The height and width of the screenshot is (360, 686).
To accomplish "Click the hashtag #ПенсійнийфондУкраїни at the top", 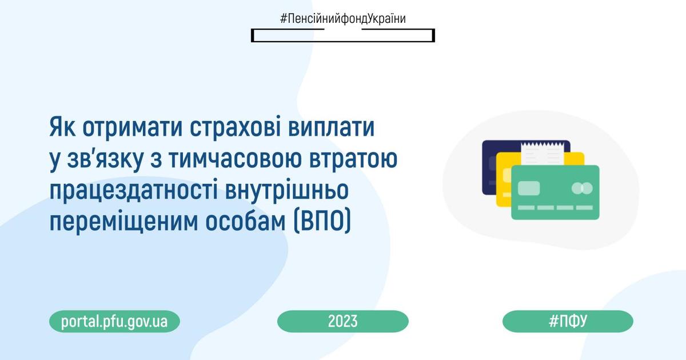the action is [342, 19].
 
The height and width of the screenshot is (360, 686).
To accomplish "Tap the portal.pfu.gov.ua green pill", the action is [114, 321].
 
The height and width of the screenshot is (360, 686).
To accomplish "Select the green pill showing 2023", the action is [342, 321].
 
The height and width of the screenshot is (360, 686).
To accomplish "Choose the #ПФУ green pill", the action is [568, 321].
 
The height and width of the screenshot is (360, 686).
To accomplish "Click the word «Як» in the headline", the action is [62, 127].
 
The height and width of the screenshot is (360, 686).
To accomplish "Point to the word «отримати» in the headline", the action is [133, 129].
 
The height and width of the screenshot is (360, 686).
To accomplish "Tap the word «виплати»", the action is [331, 127].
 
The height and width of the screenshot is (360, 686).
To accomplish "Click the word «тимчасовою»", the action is [235, 159].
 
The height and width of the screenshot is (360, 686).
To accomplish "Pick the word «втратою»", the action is [353, 160].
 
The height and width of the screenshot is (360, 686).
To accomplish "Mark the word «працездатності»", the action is [134, 191].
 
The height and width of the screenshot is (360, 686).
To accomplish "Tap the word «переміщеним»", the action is [123, 222].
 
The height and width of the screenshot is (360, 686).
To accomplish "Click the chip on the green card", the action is [529, 188].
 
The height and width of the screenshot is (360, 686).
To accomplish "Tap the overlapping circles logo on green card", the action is [582, 188].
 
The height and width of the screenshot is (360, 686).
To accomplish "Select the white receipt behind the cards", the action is [543, 153].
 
